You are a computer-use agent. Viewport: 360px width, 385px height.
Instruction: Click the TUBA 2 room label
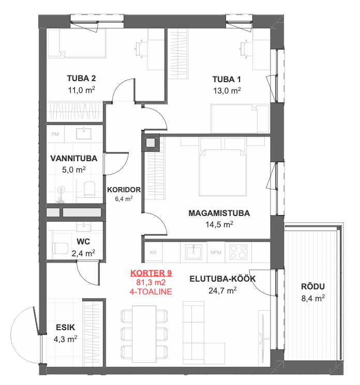tap(81, 79)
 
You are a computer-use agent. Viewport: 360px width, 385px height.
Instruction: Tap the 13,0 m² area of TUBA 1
tap(227, 90)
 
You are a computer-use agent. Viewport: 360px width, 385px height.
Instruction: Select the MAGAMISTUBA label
tap(219, 213)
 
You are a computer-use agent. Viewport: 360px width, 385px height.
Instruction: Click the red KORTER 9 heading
tap(151, 273)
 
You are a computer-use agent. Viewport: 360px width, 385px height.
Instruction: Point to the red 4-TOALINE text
tap(151, 291)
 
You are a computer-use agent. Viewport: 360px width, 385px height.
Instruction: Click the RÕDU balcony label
tap(313, 286)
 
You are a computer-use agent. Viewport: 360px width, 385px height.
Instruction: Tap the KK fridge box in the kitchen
tap(153, 252)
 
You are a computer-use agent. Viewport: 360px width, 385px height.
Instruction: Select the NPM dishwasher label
tap(216, 252)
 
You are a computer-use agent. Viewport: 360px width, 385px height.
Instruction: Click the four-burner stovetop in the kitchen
tap(238, 252)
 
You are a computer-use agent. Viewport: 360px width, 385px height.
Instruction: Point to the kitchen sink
tap(193, 252)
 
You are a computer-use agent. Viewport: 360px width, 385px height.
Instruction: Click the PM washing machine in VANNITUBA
tap(55, 134)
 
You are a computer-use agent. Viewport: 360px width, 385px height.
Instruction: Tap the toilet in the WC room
tap(60, 248)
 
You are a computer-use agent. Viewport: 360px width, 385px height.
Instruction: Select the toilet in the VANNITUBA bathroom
tap(89, 189)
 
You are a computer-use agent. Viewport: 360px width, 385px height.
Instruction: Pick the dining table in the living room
tap(144, 334)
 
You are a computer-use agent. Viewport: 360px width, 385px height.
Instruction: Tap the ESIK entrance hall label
tap(65, 327)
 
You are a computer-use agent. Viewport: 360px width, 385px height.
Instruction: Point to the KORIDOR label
tap(124, 190)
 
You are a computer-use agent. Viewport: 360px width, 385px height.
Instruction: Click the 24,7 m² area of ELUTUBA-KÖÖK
tap(222, 291)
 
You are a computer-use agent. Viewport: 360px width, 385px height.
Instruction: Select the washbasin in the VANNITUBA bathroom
tap(84, 133)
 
